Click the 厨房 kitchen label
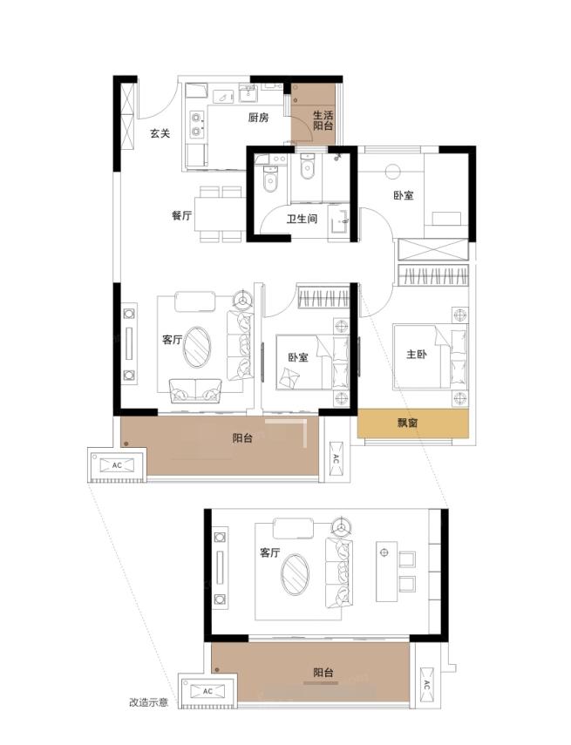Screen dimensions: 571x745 (x=258, y=117)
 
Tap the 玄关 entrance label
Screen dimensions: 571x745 (x=160, y=133)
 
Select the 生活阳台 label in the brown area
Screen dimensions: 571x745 (x=323, y=120)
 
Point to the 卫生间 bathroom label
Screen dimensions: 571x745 (x=302, y=219)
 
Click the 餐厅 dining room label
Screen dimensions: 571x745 (x=181, y=215)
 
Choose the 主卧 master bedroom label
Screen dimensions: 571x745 (x=417, y=354)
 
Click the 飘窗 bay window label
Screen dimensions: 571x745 (x=408, y=423)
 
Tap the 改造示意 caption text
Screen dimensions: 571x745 (x=148, y=702)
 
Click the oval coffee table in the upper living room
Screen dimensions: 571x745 (x=197, y=347)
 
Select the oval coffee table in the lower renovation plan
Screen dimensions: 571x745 (x=295, y=574)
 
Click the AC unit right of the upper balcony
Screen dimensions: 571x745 (x=336, y=458)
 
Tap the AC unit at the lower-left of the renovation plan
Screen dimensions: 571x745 (x=207, y=691)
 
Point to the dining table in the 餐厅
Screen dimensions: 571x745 (x=220, y=213)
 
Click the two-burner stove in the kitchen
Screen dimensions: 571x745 (x=196, y=125)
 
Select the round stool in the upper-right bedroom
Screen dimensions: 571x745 (x=392, y=172)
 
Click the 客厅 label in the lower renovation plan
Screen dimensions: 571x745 (x=270, y=552)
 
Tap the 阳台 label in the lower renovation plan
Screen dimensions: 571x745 (x=323, y=673)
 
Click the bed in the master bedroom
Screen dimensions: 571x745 (x=431, y=356)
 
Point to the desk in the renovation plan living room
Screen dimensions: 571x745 (x=386, y=572)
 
